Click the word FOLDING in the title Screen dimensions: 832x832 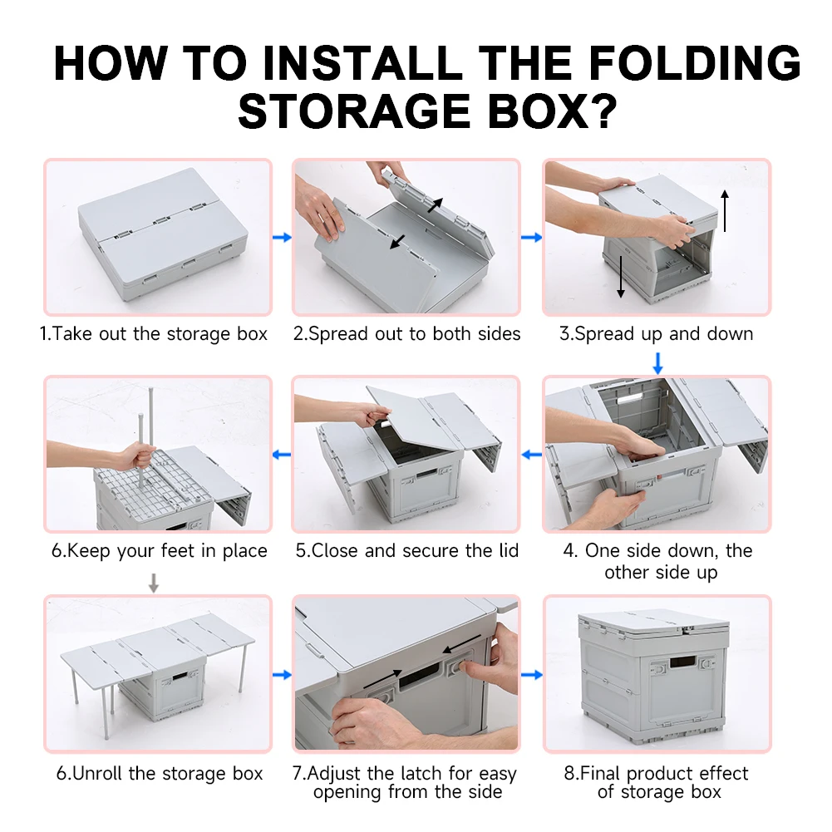click(x=695, y=63)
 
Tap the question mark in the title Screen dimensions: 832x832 click(x=604, y=111)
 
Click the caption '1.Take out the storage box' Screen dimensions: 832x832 click(x=154, y=334)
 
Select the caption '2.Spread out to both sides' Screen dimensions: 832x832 click(x=407, y=334)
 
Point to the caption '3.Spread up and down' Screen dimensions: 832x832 click(x=657, y=334)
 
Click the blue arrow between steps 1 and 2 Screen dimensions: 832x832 click(x=283, y=237)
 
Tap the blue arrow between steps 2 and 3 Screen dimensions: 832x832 click(x=532, y=237)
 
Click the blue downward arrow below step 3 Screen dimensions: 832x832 click(x=658, y=363)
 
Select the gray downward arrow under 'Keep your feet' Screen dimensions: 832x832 click(x=153, y=583)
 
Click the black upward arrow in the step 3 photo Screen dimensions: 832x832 click(x=725, y=210)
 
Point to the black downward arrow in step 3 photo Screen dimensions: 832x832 click(x=621, y=277)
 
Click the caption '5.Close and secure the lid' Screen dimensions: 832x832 click(x=407, y=550)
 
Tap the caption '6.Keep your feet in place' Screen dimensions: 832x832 click(x=160, y=551)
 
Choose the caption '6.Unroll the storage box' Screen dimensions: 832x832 click(x=160, y=773)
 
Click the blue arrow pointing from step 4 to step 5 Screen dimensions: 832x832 click(x=532, y=455)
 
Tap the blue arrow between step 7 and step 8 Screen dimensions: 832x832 click(x=532, y=675)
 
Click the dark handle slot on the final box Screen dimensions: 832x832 click(x=682, y=662)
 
